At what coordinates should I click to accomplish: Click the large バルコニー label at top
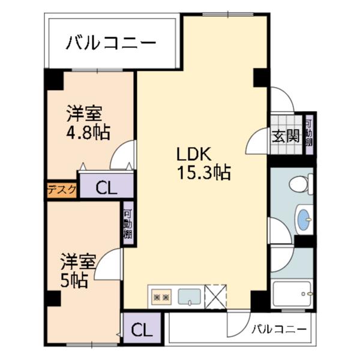pos(112,43)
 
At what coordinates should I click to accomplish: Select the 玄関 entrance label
pos(286,136)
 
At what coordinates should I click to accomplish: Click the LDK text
pos(193,153)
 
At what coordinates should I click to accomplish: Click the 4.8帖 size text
pos(88,131)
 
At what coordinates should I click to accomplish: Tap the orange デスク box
pos(62,190)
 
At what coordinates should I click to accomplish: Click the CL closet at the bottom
pos(142,329)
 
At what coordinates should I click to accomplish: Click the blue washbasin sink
pos(304,219)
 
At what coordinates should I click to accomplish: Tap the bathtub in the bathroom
pos(293,294)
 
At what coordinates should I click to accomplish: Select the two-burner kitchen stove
pos(161,296)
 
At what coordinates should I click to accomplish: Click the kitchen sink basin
pos(190,296)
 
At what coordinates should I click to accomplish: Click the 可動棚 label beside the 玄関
pos(309,134)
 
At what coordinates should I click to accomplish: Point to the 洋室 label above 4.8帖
pos(84,112)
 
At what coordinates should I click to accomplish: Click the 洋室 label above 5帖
pos(78,262)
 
